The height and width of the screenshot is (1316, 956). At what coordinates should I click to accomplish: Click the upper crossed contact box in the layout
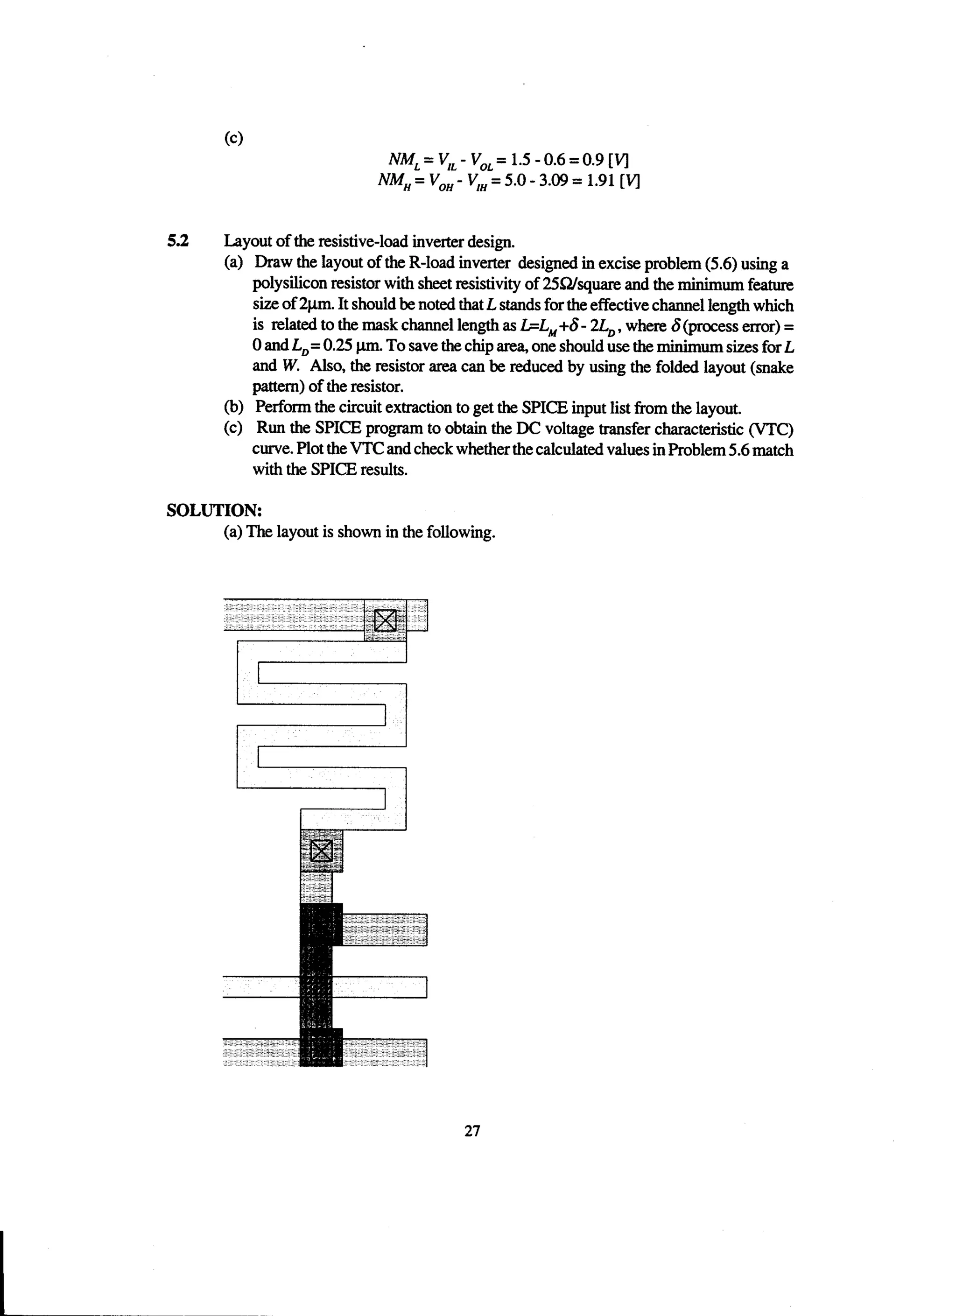tap(385, 621)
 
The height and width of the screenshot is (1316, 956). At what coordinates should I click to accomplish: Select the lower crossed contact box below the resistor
tap(321, 851)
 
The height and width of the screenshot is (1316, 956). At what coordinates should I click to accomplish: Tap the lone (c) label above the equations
tap(233, 138)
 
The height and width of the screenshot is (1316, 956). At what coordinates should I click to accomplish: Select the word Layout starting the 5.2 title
tap(245, 241)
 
